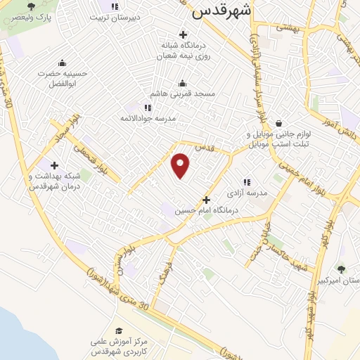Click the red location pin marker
pos(181,165)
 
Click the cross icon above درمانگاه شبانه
pos(184,34)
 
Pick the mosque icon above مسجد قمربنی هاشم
pos(183,82)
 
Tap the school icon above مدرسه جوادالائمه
pos(148,108)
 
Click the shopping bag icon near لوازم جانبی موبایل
pos(279,124)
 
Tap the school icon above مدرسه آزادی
pos(246,181)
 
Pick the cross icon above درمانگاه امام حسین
pos(206,200)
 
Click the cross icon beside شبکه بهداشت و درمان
pos(54,165)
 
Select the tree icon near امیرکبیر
pos(342,269)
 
